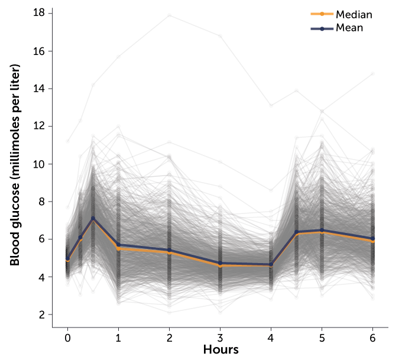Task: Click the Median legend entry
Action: tap(354, 14)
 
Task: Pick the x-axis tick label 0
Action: tap(67, 338)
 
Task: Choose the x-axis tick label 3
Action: tap(221, 338)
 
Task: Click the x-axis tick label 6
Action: tap(372, 338)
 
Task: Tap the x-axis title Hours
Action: tap(221, 349)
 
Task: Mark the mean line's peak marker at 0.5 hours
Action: tap(93, 218)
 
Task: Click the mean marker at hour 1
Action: tap(118, 245)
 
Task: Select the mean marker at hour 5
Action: tap(322, 230)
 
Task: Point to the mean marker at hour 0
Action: tap(67, 258)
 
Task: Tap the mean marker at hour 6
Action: tap(372, 238)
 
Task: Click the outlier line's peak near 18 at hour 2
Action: tap(170, 15)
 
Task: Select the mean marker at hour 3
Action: tap(221, 263)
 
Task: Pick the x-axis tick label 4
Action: tap(271, 338)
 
